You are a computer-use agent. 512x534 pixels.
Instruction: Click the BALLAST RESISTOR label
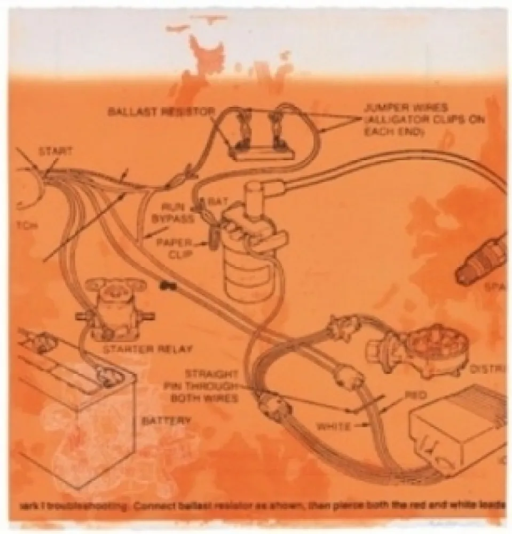click(161, 112)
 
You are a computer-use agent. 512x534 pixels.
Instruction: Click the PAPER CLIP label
click(173, 247)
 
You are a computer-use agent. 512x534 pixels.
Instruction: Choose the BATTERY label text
click(166, 421)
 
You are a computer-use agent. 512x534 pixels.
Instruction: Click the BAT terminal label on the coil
click(215, 202)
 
